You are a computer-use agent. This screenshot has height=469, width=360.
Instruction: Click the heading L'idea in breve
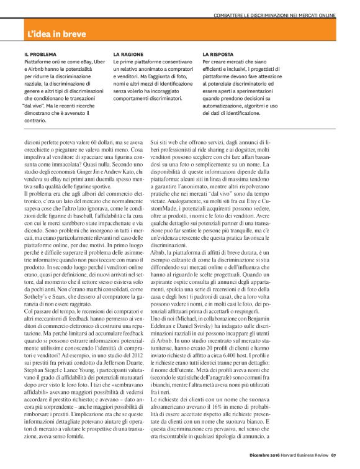point(57,34)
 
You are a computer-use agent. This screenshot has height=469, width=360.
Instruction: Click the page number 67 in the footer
point(333,461)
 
